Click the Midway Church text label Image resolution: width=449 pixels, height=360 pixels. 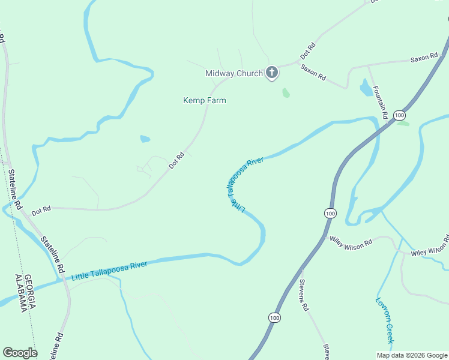(x=234, y=74)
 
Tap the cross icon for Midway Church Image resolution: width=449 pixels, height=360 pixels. (x=272, y=73)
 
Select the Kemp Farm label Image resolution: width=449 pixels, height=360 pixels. (x=205, y=100)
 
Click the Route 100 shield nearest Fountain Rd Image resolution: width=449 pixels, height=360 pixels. (x=400, y=115)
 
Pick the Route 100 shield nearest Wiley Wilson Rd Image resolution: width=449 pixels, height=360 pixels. (x=330, y=213)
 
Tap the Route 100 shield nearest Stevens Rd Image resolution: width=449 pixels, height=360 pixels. (x=274, y=317)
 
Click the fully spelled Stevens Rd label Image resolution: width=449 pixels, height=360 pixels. (x=304, y=295)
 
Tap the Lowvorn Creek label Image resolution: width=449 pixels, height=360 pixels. (x=384, y=320)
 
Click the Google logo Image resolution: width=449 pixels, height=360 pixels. (x=20, y=353)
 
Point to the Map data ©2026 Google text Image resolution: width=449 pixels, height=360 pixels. (x=411, y=355)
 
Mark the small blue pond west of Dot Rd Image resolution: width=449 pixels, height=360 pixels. (x=145, y=139)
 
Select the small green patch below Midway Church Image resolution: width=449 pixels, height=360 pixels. (x=286, y=93)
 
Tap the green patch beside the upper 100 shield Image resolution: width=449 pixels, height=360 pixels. (x=403, y=124)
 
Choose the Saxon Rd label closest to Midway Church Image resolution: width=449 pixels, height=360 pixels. (x=313, y=73)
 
